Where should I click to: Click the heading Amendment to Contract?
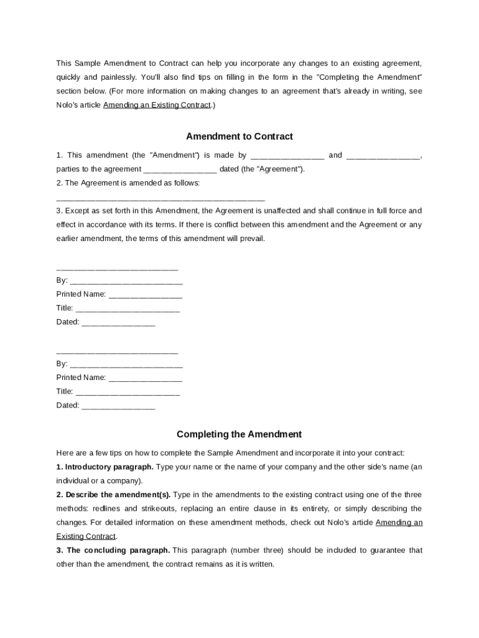[240, 136]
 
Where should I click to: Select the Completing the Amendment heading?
[239, 434]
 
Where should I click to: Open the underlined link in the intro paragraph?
[157, 105]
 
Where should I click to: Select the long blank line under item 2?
[160, 198]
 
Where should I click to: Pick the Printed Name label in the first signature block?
[81, 294]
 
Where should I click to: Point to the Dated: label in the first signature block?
[68, 322]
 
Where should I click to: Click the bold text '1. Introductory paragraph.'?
[105, 467]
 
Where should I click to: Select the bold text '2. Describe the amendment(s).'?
[113, 495]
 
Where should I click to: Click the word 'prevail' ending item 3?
[251, 239]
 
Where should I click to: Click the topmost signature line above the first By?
[117, 268]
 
